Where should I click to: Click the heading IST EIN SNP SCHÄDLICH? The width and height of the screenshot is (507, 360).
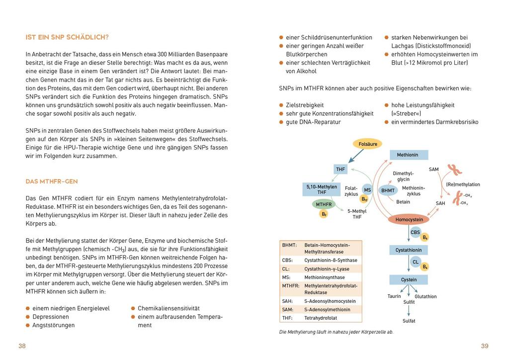tap(67, 37)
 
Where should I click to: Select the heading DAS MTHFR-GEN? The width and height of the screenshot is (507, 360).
tap(52, 181)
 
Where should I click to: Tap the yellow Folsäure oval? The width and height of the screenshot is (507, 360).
tap(367, 144)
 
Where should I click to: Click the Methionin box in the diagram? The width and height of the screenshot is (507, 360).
tap(407, 155)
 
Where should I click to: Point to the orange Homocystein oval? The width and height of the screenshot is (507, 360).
tap(409, 219)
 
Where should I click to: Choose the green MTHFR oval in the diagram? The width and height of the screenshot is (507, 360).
tap(324, 204)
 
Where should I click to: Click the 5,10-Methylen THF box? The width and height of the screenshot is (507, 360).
tap(322, 189)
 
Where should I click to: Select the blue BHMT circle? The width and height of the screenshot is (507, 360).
tap(387, 190)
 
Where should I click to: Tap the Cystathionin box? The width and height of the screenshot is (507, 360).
tap(409, 250)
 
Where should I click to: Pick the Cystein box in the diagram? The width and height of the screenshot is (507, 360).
tap(409, 280)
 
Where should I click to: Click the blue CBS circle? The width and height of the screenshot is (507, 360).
tap(415, 232)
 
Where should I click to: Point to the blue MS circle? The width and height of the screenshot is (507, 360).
tap(367, 190)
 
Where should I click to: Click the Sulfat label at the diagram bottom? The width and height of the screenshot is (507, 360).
tap(409, 321)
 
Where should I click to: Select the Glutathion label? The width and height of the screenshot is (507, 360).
tap(425, 296)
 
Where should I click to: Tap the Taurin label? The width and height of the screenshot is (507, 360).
tap(394, 296)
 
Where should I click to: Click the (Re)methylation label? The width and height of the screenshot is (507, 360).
tap(463, 184)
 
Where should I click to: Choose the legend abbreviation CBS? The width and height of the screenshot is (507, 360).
tap(288, 260)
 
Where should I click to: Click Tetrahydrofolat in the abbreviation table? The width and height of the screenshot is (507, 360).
tap(321, 318)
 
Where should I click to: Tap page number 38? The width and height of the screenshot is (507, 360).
tap(22, 346)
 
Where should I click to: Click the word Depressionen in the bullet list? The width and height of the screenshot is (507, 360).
tap(51, 317)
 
